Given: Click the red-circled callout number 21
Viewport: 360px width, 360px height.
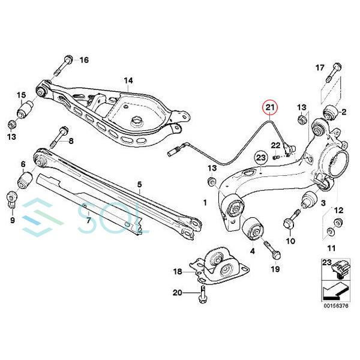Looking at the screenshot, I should [271, 108].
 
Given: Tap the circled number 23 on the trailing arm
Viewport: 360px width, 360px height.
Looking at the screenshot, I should [260, 158].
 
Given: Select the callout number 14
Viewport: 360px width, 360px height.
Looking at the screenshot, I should [128, 80].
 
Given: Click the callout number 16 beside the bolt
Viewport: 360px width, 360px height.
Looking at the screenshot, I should [83, 59].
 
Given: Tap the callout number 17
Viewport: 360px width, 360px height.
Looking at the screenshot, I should [319, 67].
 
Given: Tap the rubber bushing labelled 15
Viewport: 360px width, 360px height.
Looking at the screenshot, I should [26, 112].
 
